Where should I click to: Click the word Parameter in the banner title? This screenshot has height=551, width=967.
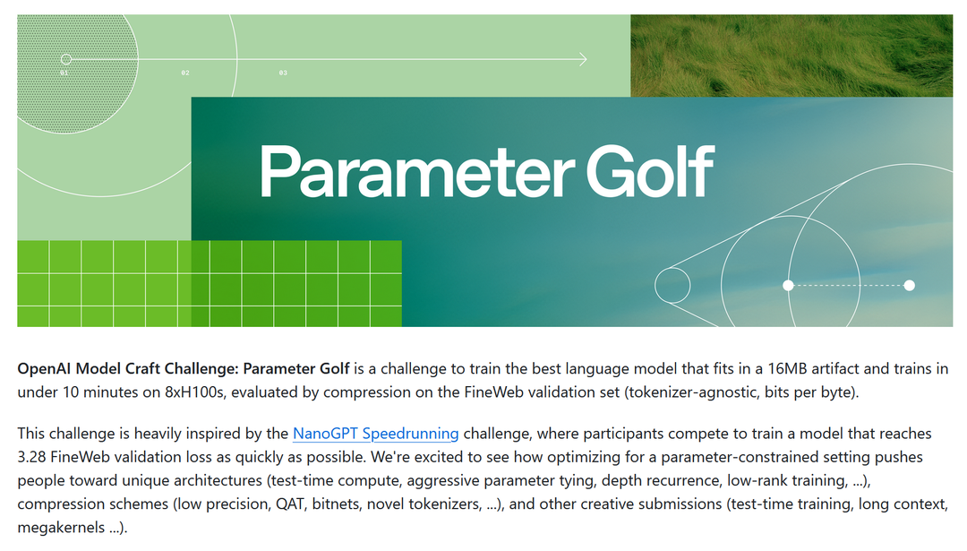pyautogui.click(x=417, y=172)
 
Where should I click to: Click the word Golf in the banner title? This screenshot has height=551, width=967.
pyautogui.click(x=650, y=171)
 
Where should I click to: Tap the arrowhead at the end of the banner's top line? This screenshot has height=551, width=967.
pyautogui.click(x=583, y=59)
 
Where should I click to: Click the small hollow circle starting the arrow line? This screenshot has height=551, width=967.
pyautogui.click(x=66, y=59)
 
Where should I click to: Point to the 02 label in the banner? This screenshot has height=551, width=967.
pyautogui.click(x=185, y=73)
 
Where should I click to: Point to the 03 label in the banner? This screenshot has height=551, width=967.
pyautogui.click(x=283, y=73)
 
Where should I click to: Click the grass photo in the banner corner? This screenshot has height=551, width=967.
pyautogui.click(x=792, y=56)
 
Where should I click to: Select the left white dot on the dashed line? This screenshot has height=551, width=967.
pyautogui.click(x=788, y=285)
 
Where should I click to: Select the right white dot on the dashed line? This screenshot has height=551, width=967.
pyautogui.click(x=909, y=285)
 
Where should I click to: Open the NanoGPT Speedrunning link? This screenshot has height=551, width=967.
pyautogui.click(x=375, y=433)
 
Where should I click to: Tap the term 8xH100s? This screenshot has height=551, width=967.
pyautogui.click(x=193, y=392)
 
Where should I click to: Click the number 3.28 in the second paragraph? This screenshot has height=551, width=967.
pyautogui.click(x=31, y=457)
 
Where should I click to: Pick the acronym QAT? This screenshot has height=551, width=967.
pyautogui.click(x=290, y=504)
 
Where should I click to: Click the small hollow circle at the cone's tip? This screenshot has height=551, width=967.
pyautogui.click(x=672, y=285)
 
